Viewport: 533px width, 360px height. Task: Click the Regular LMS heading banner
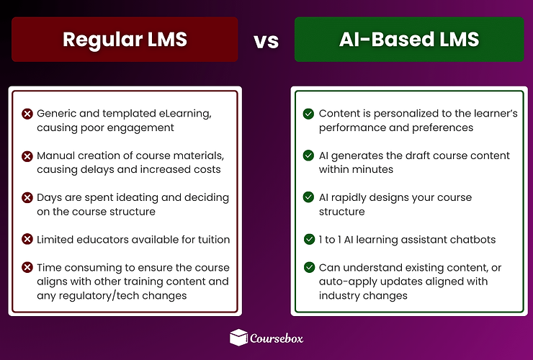pyautogui.click(x=125, y=39)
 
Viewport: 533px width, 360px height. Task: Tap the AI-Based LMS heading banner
pyautogui.click(x=409, y=39)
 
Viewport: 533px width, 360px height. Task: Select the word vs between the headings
pyautogui.click(x=266, y=40)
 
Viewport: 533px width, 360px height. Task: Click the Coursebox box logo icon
pyautogui.click(x=238, y=336)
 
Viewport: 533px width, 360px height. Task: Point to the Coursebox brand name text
pyautogui.click(x=277, y=337)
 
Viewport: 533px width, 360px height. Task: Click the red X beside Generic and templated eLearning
pyautogui.click(x=27, y=114)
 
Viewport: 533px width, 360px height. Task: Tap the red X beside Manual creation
pyautogui.click(x=27, y=156)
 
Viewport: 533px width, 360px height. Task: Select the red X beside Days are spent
pyautogui.click(x=27, y=197)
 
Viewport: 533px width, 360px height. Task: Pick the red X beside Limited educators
pyautogui.click(x=27, y=239)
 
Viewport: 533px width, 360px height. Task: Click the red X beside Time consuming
pyautogui.click(x=27, y=267)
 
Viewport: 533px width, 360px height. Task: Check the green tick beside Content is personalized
pyautogui.click(x=308, y=114)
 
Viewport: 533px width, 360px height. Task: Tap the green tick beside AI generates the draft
pyautogui.click(x=308, y=156)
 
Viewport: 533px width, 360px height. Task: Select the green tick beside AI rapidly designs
pyautogui.click(x=308, y=197)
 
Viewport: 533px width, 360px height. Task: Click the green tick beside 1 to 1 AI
pyautogui.click(x=308, y=239)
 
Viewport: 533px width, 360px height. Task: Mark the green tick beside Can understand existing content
pyautogui.click(x=308, y=267)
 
